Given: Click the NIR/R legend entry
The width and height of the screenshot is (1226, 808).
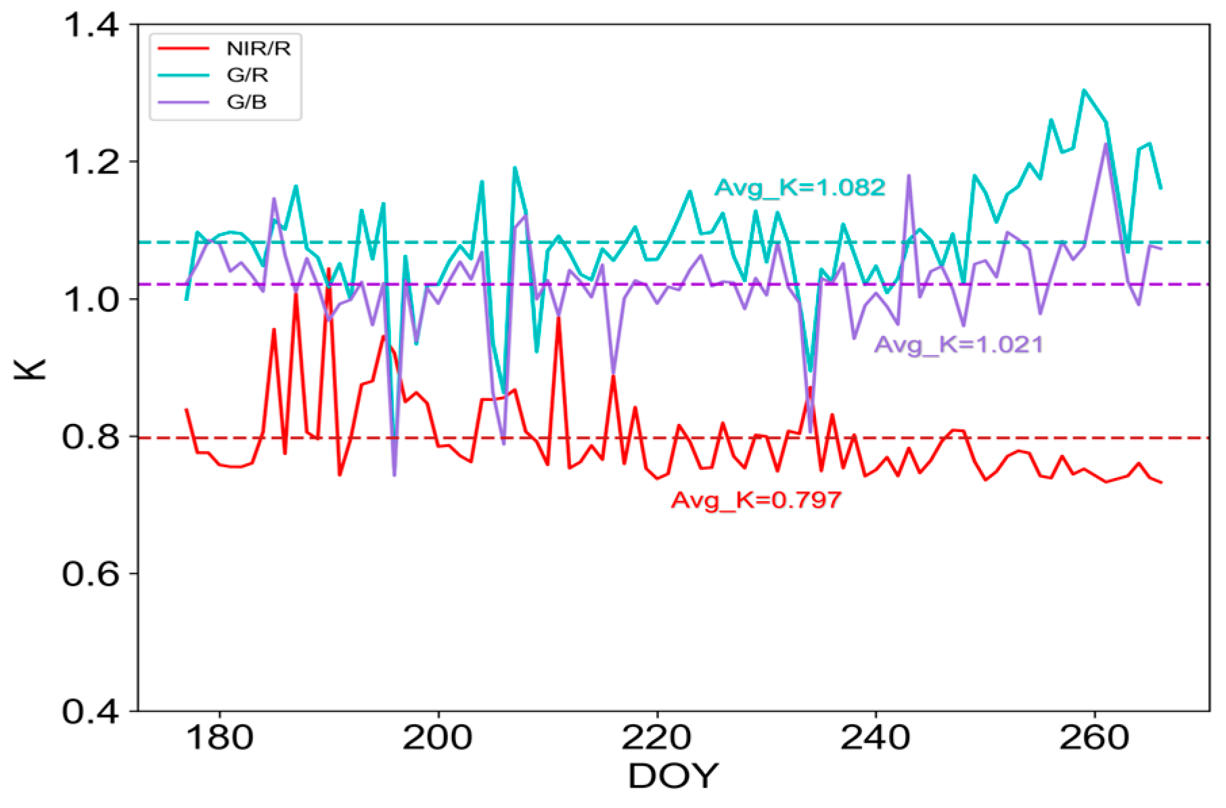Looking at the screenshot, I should pos(258,49).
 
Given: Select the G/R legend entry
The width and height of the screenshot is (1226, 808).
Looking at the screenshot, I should pos(247,75).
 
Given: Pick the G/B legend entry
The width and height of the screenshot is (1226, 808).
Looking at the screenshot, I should pos(246,102).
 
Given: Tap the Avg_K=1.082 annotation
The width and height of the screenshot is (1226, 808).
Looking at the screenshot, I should pos(800,187).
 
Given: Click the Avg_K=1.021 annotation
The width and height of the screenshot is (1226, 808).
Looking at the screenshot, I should pos(958,345).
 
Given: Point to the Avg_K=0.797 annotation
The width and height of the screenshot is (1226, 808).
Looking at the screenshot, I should pos(756,500).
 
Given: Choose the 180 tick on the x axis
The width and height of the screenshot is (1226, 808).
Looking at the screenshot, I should pos(219,737).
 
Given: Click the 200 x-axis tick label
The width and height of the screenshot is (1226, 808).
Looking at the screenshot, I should pos(438,737).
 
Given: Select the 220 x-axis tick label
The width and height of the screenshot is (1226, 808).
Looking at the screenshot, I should pos(656,737).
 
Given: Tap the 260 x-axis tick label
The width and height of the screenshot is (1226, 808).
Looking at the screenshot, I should pos(1094,737).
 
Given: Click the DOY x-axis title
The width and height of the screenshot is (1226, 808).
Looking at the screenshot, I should pos(673,776).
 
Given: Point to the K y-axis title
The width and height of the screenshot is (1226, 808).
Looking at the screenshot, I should pos(30,369).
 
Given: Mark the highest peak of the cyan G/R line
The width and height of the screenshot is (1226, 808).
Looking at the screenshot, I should pos(1084,89).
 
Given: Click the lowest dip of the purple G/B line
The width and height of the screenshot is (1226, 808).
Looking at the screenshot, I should pos(394,475).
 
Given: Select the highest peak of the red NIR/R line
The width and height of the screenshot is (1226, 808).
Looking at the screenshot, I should pos(329,269).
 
